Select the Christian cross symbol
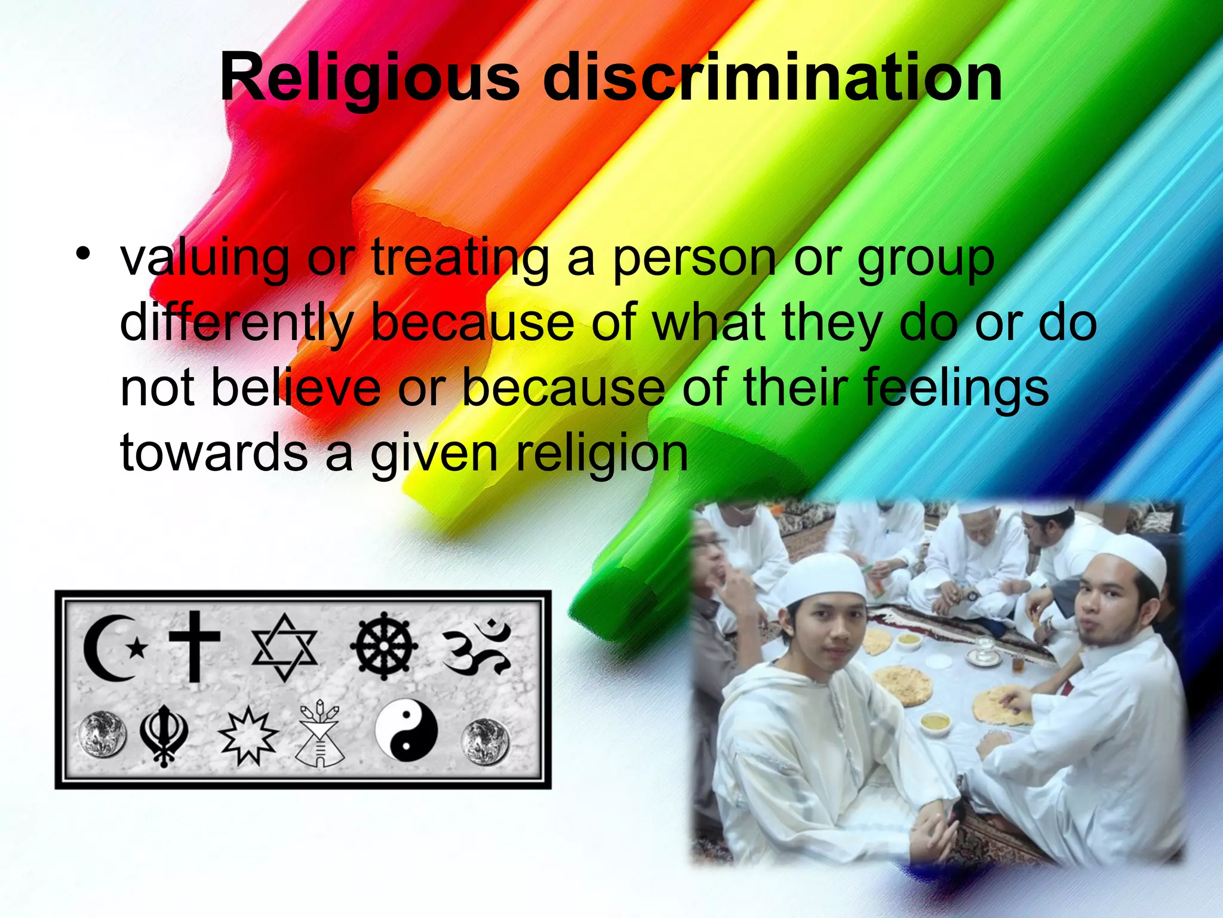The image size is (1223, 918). [x=194, y=645]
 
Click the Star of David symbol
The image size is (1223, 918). [x=284, y=648]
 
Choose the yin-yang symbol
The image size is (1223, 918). [x=406, y=730]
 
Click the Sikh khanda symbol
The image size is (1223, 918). [x=164, y=734]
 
